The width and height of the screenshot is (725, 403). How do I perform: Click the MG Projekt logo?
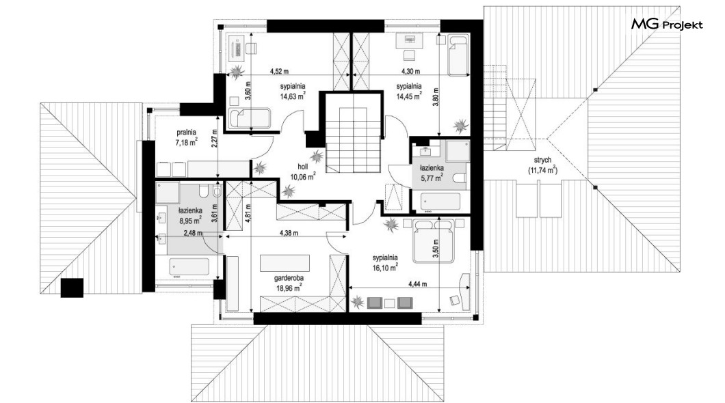pyautogui.click(x=667, y=24)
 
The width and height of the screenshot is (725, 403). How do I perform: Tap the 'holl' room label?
pyautogui.click(x=302, y=167)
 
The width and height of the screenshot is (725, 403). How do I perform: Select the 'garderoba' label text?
pyautogui.click(x=289, y=279)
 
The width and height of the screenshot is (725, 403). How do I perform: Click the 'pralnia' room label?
pyautogui.click(x=186, y=132)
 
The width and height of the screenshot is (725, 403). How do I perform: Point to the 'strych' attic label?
pyautogui.click(x=542, y=161)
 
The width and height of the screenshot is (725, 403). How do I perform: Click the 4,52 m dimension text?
pyautogui.click(x=279, y=72)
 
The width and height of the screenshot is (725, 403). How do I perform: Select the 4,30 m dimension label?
pyautogui.click(x=410, y=72)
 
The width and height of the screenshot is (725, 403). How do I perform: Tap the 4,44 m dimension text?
pyautogui.click(x=417, y=284)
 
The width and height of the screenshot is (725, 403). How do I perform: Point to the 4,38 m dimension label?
pyautogui.click(x=289, y=233)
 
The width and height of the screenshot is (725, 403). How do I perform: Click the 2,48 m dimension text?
pyautogui.click(x=193, y=233)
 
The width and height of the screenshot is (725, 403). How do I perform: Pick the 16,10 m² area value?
pyautogui.click(x=386, y=267)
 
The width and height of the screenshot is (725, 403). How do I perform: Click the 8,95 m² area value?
pyautogui.click(x=190, y=220)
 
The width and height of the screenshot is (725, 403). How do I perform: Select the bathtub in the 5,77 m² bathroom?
pyautogui.click(x=440, y=201)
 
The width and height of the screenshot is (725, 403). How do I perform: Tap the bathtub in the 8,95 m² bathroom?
pyautogui.click(x=189, y=266)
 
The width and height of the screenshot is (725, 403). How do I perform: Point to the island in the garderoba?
pyautogui.click(x=285, y=263)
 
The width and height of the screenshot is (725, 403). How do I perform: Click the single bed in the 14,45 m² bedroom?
pyautogui.click(x=458, y=55)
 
